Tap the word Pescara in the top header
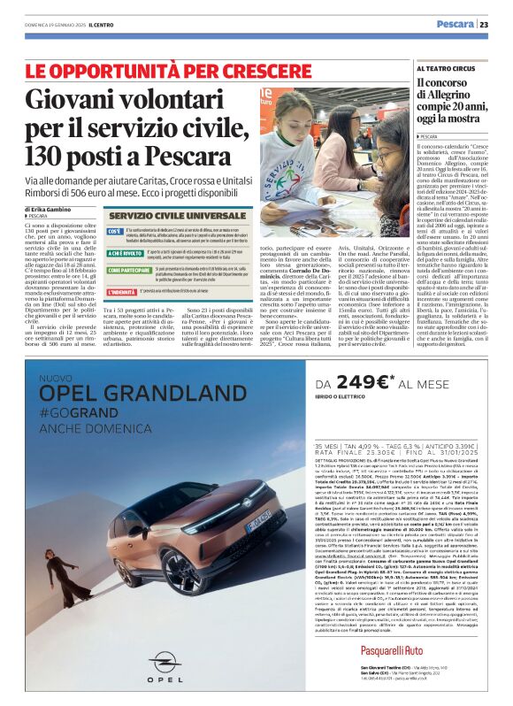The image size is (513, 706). [x=455, y=24]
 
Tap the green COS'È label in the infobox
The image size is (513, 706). [x=115, y=231]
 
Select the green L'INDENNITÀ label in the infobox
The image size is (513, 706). [x=121, y=291]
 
